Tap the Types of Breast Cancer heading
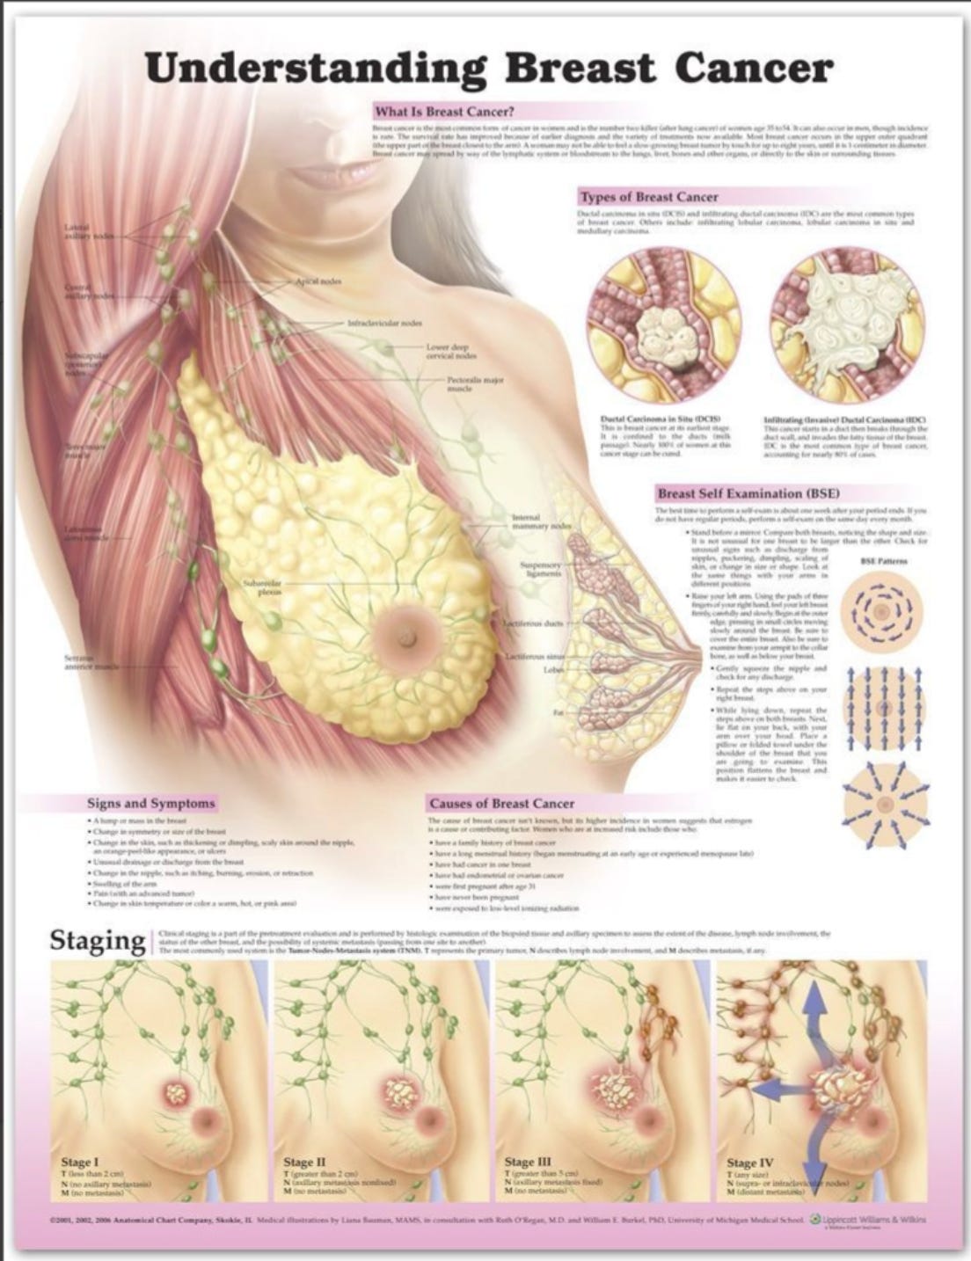coord(647,197)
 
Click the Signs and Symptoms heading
coord(150,803)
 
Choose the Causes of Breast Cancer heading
coord(501,803)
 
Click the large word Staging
coord(97,940)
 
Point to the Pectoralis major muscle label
coord(475,383)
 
